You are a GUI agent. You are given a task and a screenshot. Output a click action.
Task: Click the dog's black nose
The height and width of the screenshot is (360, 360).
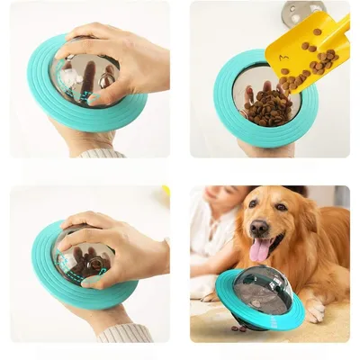click(261, 229)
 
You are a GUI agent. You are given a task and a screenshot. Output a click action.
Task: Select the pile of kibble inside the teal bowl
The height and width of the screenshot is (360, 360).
click(268, 103)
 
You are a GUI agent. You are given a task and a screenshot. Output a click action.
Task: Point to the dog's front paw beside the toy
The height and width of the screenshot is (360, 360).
click(315, 310)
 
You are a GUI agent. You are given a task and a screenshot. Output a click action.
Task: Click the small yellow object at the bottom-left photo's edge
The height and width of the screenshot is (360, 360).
click(166, 191)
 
